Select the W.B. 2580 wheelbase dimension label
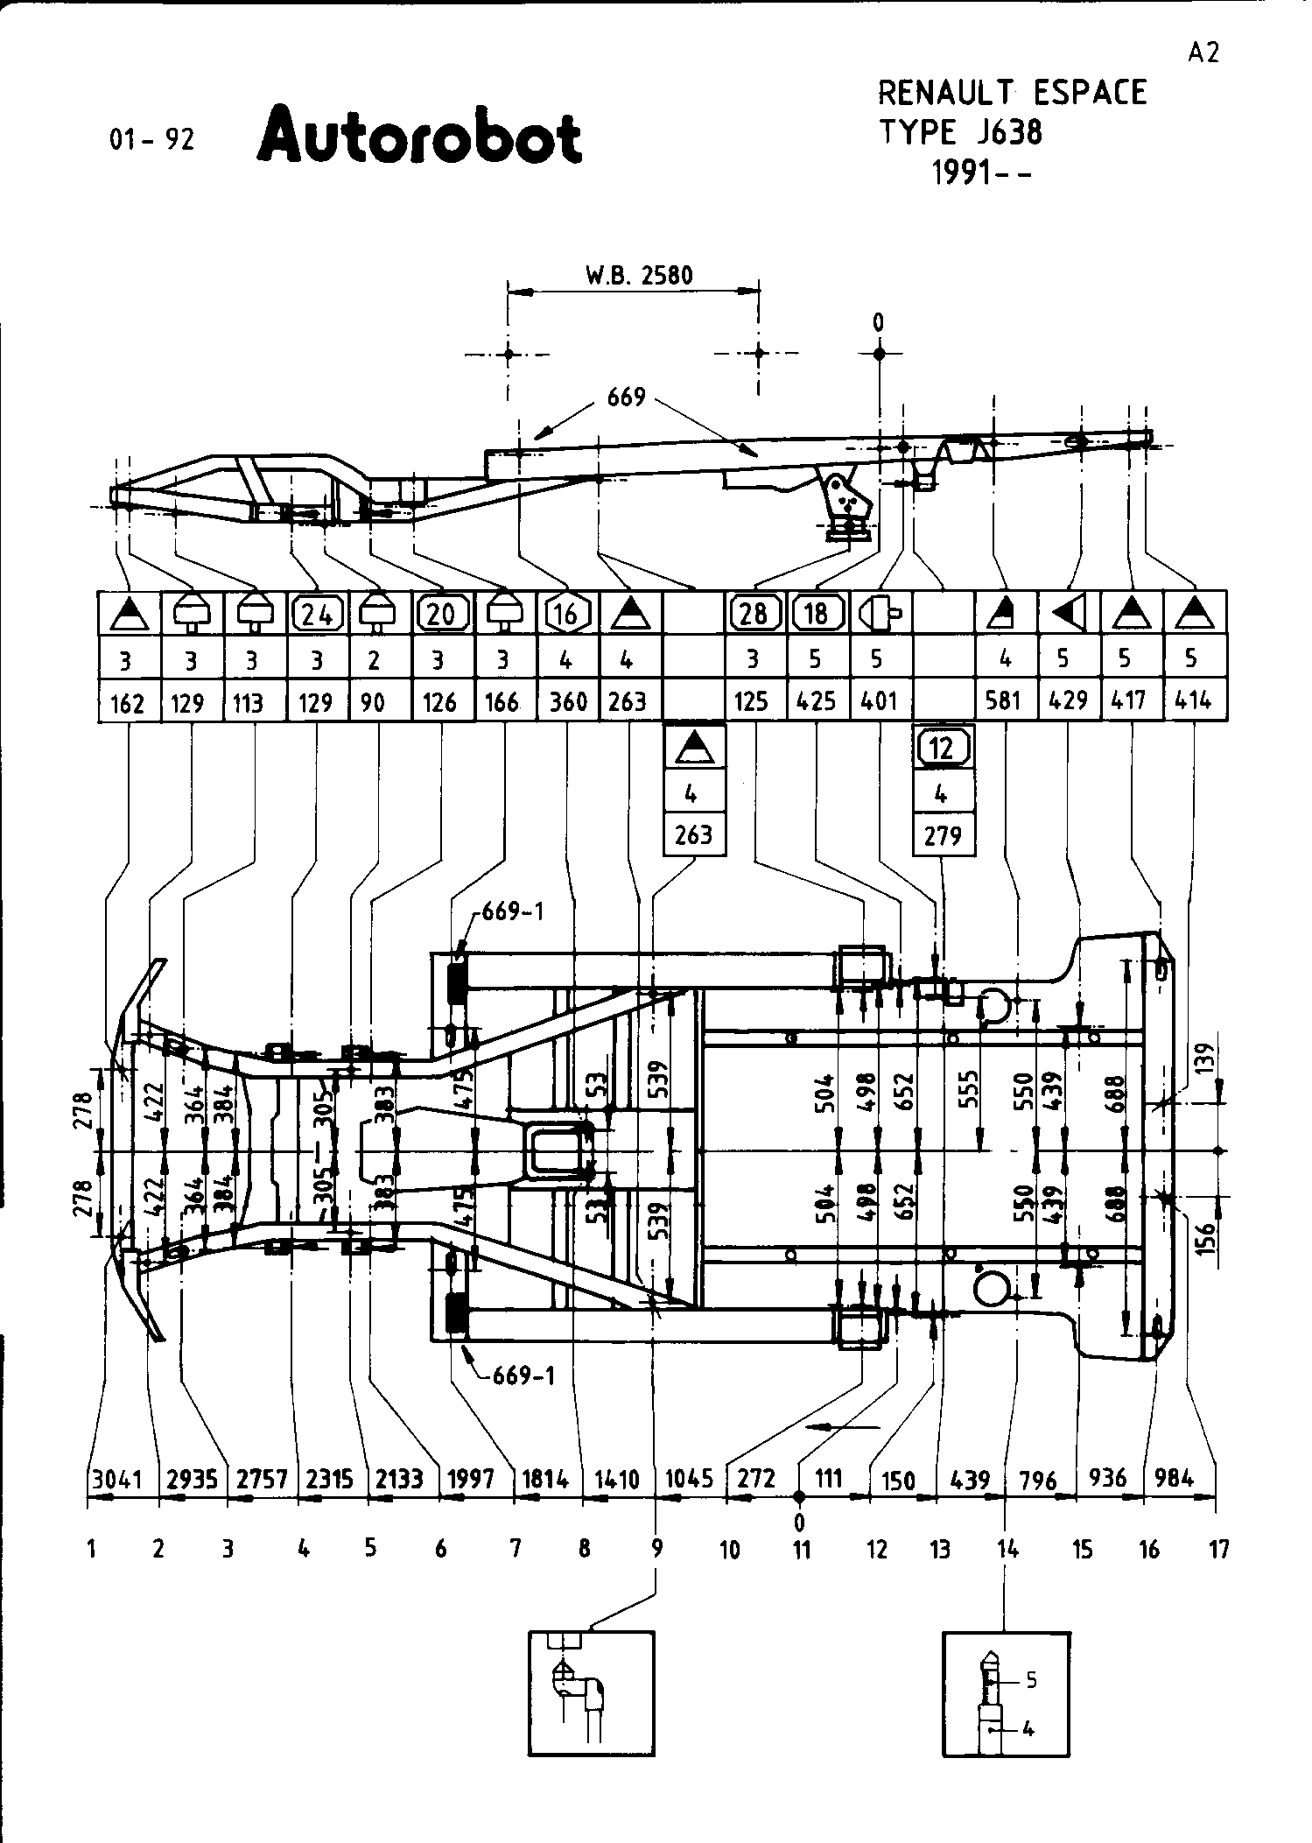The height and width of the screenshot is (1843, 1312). [x=639, y=276]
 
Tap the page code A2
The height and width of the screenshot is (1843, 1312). [x=1203, y=53]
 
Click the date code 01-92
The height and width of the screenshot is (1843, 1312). [x=151, y=139]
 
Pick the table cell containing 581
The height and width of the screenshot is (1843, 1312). [x=1005, y=700]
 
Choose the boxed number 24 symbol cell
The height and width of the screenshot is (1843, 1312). [x=317, y=614]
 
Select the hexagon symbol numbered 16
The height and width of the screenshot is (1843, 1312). [x=567, y=614]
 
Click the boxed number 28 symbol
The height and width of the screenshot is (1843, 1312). [x=754, y=614]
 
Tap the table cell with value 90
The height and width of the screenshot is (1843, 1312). [x=374, y=702]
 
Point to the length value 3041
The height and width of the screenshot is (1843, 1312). [x=117, y=1479]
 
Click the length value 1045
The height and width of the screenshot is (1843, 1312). [x=689, y=1479]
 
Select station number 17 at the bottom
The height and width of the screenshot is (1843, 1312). [x=1219, y=1549]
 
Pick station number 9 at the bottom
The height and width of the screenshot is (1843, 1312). [x=656, y=1549]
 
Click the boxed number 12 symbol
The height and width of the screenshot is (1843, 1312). [x=943, y=748]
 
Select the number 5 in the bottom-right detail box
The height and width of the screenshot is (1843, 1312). [x=1031, y=1679]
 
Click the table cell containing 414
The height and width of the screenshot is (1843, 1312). [x=1193, y=700]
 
